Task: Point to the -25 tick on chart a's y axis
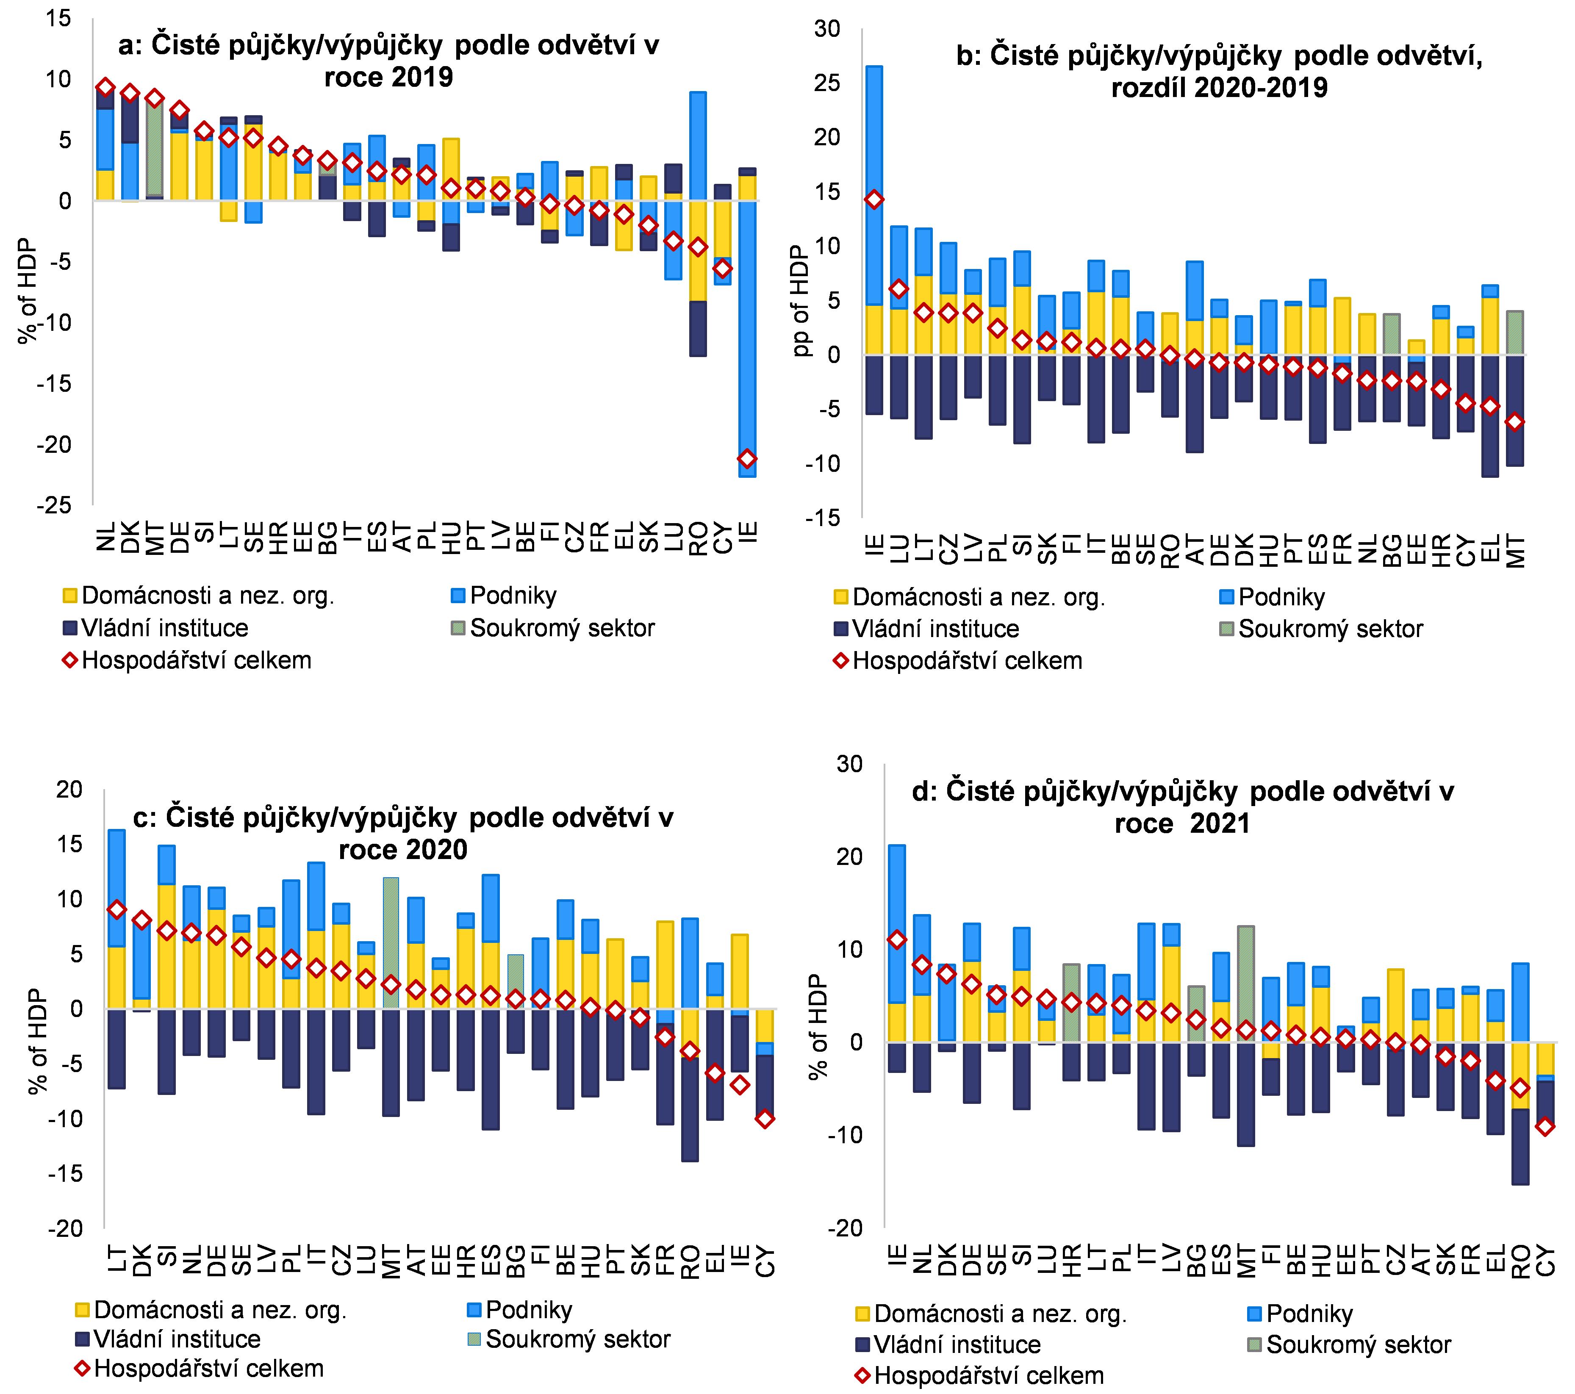(x=54, y=505)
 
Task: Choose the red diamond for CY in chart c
(x=764, y=1119)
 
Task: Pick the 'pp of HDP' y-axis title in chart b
(x=803, y=301)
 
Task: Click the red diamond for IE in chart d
(x=896, y=940)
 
